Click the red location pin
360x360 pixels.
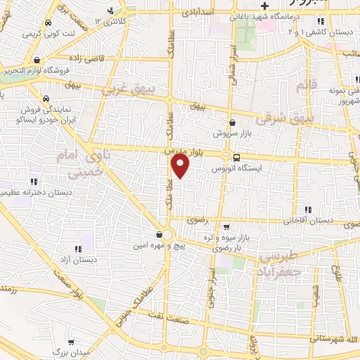[181, 166]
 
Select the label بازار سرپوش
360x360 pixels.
[231, 132]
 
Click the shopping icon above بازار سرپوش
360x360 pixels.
[232, 122]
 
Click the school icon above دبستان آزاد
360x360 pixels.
[79, 248]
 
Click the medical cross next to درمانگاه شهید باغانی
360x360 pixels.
[264, 8]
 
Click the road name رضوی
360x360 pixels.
[196, 220]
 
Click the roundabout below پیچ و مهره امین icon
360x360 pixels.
[164, 234]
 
